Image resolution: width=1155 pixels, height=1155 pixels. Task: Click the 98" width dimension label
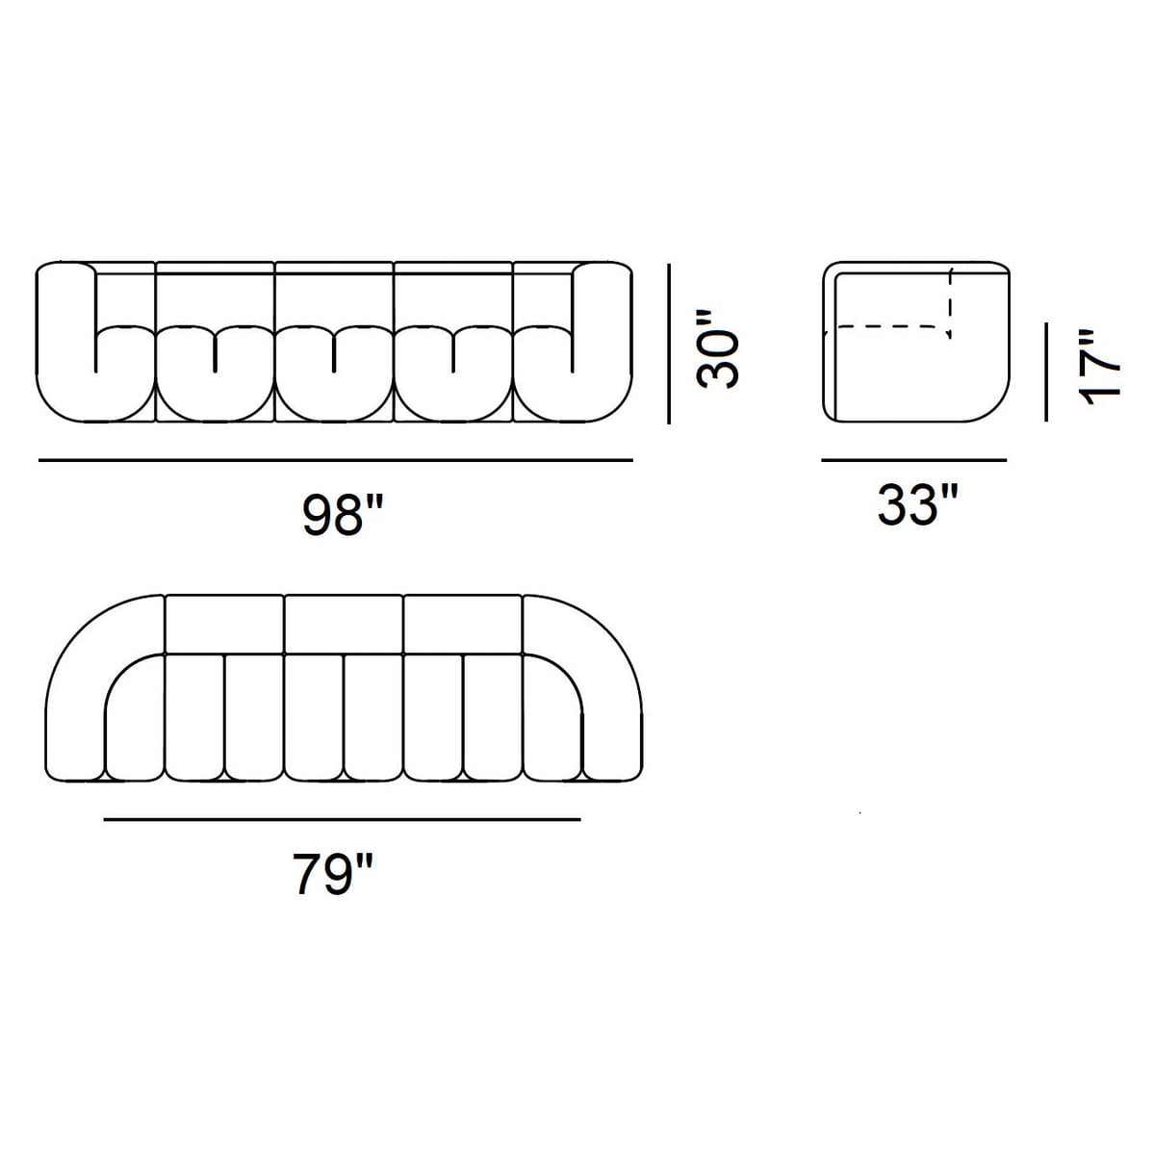[343, 514]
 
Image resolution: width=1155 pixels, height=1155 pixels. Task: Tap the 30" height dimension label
[717, 348]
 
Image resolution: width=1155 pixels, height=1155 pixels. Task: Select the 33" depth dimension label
[917, 504]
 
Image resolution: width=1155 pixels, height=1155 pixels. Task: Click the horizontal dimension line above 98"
[336, 460]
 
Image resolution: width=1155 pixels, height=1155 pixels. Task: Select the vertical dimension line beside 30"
[669, 344]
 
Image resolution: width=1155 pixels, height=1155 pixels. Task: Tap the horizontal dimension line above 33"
[914, 460]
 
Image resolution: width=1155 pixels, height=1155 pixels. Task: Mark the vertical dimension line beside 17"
[1046, 372]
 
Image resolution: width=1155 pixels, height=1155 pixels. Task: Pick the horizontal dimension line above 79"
[343, 819]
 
